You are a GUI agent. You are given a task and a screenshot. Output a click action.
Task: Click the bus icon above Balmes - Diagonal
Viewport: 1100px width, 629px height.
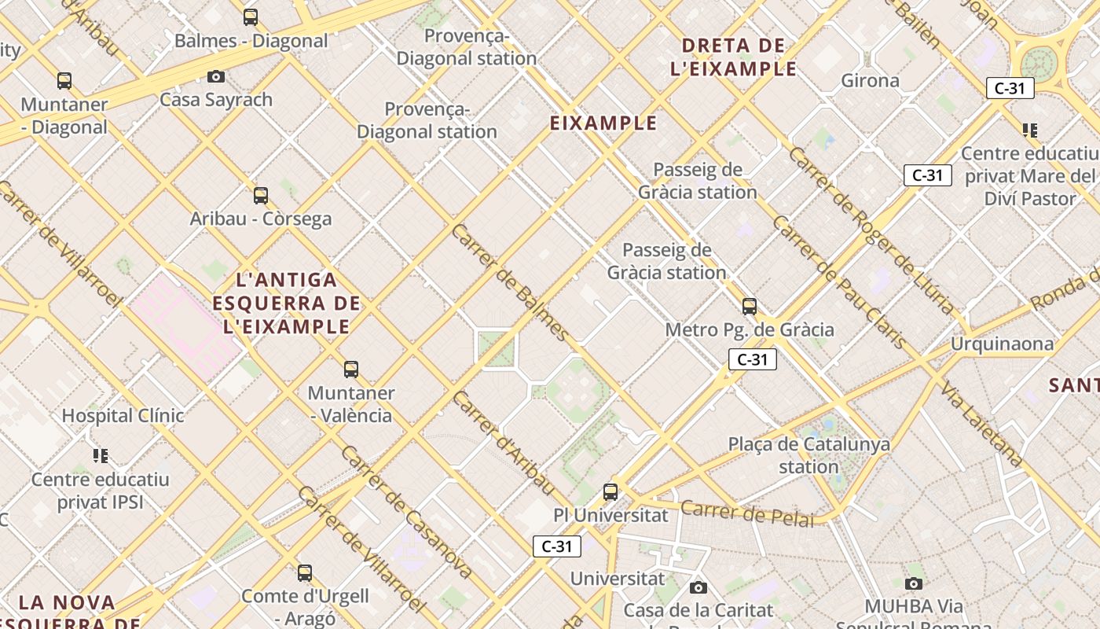click(x=251, y=17)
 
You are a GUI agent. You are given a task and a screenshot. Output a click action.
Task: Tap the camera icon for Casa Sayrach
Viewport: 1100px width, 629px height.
click(x=216, y=76)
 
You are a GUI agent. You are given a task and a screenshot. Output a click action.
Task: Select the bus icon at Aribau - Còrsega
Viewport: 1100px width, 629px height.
click(x=261, y=196)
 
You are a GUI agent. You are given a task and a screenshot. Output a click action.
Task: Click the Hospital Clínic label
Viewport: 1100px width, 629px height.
click(x=123, y=415)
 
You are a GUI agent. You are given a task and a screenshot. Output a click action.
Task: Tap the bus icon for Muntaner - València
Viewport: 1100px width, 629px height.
click(x=351, y=370)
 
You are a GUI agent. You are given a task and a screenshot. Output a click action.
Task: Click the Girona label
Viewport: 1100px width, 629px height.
click(x=870, y=80)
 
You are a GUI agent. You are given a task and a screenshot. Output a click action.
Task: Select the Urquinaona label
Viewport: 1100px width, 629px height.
click(x=1002, y=344)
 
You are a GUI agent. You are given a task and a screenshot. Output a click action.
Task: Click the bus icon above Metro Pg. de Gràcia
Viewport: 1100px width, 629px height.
click(x=750, y=307)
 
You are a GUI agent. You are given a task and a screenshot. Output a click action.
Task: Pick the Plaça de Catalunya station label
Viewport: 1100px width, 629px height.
click(x=809, y=455)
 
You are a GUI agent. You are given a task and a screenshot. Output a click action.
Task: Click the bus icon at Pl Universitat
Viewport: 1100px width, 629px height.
click(x=610, y=492)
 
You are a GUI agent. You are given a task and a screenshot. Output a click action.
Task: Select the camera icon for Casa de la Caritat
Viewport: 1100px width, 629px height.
click(x=698, y=587)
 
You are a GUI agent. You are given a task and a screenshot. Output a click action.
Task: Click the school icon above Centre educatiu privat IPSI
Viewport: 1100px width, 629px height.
click(x=100, y=456)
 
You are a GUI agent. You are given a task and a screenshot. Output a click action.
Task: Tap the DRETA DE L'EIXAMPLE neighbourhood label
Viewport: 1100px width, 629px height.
click(x=734, y=57)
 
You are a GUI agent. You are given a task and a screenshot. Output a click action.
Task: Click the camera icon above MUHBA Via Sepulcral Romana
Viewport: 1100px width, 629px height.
click(x=913, y=583)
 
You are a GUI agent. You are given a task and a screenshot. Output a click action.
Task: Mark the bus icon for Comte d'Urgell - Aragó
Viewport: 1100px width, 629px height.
click(x=305, y=573)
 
